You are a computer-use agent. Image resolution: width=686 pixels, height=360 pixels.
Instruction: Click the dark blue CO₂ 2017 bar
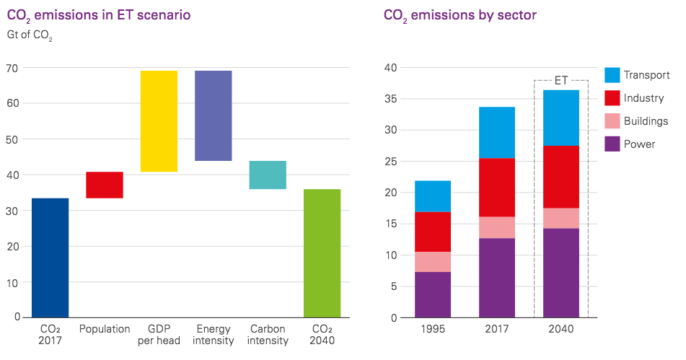pos(50,258)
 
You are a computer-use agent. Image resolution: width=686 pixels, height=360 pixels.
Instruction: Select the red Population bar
pos(105,185)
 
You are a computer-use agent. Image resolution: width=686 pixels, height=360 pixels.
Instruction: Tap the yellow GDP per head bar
pos(159,121)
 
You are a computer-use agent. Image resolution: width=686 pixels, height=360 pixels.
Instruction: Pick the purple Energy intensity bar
pos(214,115)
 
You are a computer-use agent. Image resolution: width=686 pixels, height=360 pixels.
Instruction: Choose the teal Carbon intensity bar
pos(268,175)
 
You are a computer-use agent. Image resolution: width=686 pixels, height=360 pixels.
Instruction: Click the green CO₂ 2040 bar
pos(322,253)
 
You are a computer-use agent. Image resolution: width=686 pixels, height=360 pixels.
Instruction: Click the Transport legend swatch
pos(612,75)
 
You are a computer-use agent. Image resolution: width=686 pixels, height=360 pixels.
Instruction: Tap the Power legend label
pos(639,144)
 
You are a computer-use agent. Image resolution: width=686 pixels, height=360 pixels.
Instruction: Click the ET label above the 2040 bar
pos(560,80)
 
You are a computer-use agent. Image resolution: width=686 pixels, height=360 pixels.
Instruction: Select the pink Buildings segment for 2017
pos(497,227)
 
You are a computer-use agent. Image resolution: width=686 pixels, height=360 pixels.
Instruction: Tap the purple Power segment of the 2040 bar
pos(560,273)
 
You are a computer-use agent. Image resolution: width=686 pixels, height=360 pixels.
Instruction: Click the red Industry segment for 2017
pos(497,188)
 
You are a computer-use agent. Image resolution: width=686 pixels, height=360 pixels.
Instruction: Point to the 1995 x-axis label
pos(433,328)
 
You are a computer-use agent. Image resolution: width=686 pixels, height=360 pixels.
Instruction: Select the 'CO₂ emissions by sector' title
pos(460,14)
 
